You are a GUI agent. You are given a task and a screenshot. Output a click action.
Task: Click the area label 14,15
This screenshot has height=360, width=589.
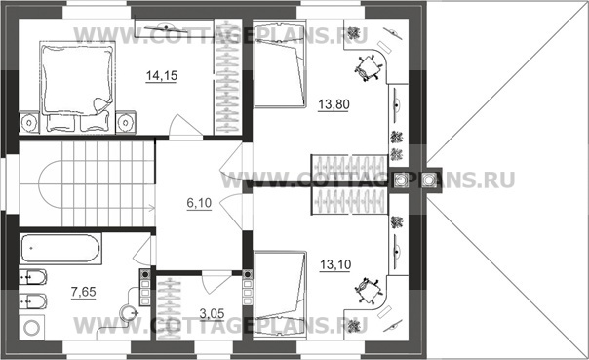tap(162, 76)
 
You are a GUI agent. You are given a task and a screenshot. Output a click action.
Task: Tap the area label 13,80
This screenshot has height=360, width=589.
tap(334, 104)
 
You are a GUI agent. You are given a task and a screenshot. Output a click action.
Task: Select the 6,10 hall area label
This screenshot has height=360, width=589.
tap(199, 203)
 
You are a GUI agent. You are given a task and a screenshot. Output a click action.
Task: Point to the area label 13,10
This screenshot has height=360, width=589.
tap(335, 265)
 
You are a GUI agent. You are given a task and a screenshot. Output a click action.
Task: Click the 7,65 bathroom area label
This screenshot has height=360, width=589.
tap(84, 292)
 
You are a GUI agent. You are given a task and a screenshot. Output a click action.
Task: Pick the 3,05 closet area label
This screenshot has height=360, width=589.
tap(212, 313)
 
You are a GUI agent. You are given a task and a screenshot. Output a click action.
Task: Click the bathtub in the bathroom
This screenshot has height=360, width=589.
tap(60, 249)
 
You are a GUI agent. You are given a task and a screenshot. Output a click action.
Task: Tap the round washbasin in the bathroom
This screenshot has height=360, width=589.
tap(127, 312)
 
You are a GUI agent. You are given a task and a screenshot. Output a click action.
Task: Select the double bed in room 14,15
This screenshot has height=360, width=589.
tap(77, 87)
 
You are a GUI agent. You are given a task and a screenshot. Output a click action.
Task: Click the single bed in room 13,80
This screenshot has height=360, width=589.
tap(280, 65)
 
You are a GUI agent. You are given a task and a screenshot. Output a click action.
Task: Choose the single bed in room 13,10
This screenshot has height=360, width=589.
tap(280, 296)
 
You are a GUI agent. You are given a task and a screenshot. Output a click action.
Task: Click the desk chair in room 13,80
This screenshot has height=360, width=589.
tap(368, 67)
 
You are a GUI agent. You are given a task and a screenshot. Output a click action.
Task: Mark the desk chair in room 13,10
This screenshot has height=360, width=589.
tap(368, 291)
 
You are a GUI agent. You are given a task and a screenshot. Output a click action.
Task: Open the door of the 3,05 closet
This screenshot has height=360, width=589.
tap(216, 282)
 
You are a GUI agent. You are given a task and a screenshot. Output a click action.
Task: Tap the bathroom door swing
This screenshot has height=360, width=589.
tap(143, 250)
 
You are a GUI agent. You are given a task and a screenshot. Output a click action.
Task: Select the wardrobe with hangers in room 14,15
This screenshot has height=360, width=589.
tap(227, 77)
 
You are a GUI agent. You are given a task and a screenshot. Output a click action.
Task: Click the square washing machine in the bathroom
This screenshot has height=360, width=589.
tap(31, 327)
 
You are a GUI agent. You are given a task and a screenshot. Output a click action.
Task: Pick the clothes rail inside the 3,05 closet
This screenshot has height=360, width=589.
tap(170, 308)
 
